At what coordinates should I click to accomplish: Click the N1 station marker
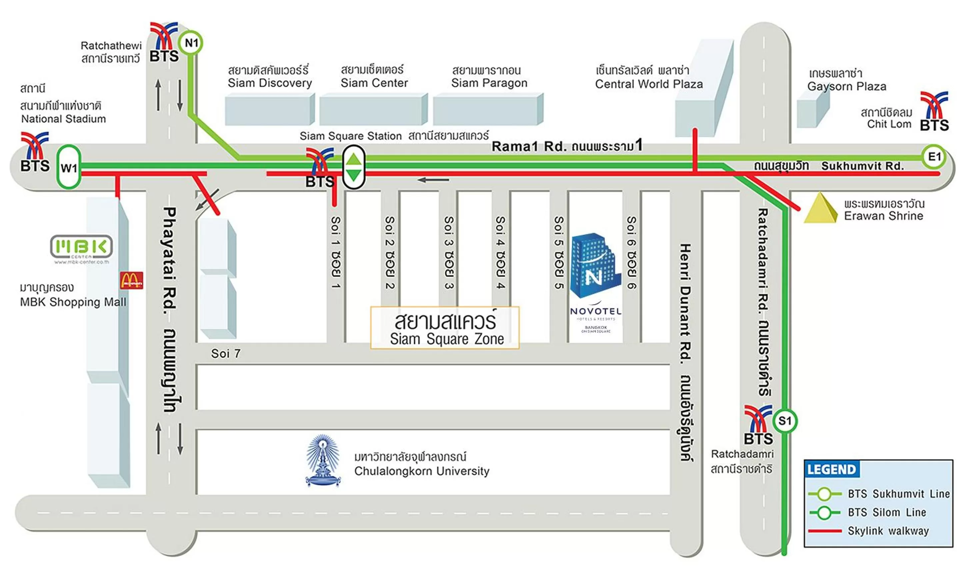point(191,43)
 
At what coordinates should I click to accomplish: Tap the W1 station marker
point(69,167)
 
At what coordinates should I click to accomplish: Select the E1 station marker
point(934,157)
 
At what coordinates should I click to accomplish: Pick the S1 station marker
point(784,421)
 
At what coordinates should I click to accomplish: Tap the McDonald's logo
point(131,280)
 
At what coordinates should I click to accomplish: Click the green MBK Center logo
point(81,247)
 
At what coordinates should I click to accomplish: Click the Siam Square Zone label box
point(445,328)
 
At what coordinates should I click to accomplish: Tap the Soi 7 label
point(226,354)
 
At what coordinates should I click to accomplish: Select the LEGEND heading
point(831,469)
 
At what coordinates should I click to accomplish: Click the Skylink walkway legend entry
point(888,531)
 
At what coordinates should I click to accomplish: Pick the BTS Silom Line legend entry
point(887,512)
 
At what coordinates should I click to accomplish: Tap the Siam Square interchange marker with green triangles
point(354,167)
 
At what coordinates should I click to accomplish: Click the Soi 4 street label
point(500,252)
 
